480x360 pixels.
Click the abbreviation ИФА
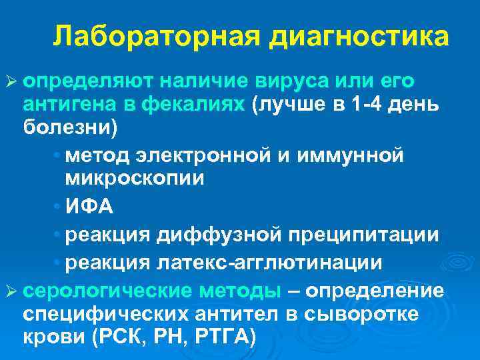89,207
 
